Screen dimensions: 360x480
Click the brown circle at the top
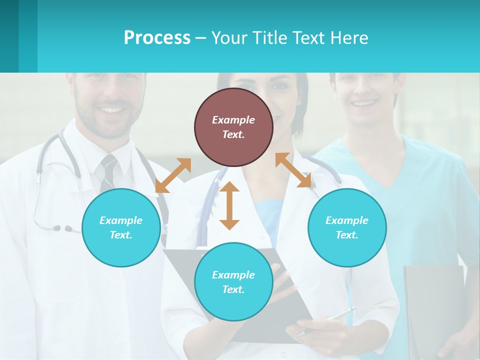233,127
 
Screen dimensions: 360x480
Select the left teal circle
121,227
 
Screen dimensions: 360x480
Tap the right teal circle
347,227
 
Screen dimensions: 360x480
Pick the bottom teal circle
233,282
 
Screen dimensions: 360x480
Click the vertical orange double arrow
229,205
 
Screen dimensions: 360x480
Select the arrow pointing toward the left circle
173,175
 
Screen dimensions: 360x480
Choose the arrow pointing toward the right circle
293,170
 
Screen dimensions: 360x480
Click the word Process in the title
157,38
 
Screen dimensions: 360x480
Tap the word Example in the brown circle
233,120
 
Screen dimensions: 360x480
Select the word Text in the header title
309,38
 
